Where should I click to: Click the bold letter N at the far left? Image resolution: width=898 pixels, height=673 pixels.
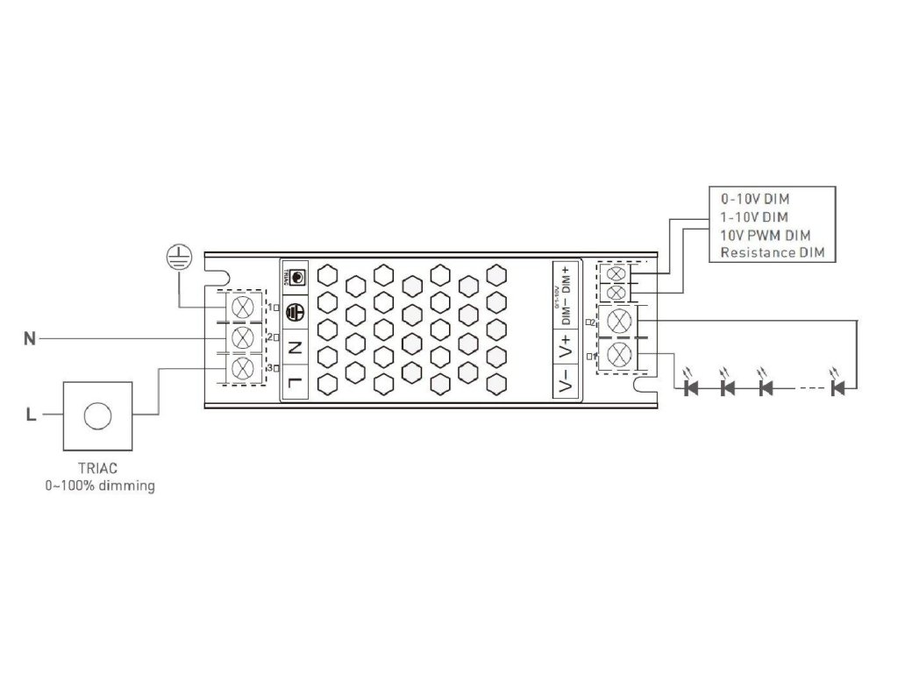tap(30, 338)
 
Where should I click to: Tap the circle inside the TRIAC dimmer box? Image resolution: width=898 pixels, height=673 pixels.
tap(97, 414)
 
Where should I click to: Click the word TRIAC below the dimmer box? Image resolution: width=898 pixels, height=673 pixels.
tap(97, 469)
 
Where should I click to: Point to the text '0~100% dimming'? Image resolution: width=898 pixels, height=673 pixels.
tap(99, 485)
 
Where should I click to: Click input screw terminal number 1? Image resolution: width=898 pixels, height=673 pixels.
tap(241, 307)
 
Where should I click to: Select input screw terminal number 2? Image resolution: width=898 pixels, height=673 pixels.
tap(241, 337)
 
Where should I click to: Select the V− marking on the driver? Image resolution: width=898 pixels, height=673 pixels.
tap(566, 380)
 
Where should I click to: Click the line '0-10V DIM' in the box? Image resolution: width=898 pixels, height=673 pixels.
tap(754, 199)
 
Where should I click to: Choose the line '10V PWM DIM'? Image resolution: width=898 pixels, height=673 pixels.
tap(765, 235)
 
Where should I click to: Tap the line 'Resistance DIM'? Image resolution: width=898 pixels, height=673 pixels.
tap(772, 252)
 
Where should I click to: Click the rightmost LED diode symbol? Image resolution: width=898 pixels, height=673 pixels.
tap(837, 386)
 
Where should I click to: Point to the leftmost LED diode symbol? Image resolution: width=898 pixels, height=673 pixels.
tap(690, 386)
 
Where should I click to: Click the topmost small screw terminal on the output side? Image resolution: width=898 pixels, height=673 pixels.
tap(616, 273)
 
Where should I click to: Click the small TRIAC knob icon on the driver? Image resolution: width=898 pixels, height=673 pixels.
tap(296, 277)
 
